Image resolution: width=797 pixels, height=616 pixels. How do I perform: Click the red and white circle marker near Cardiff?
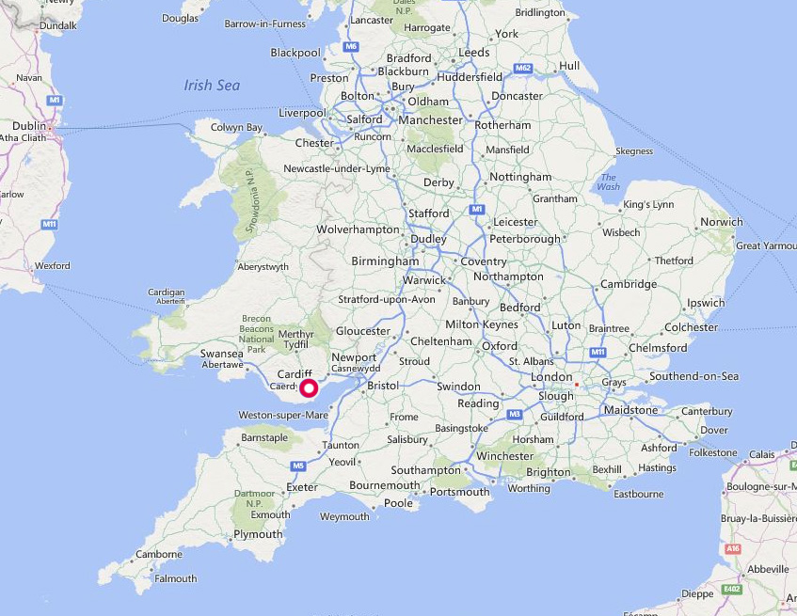click(308, 388)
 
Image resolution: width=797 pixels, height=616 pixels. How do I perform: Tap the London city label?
click(551, 377)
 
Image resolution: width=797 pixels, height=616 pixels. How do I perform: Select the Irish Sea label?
click(212, 86)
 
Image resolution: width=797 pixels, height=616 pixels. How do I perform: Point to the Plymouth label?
click(257, 534)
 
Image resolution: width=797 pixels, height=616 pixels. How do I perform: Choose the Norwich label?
click(721, 222)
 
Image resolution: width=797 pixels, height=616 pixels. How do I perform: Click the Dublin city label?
click(29, 125)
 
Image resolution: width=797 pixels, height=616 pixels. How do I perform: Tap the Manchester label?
click(430, 119)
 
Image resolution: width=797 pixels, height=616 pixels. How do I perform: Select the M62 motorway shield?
click(523, 68)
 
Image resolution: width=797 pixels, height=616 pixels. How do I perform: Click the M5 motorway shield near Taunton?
click(298, 465)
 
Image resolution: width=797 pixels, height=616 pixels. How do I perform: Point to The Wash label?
click(609, 182)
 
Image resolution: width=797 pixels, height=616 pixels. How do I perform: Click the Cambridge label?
click(629, 284)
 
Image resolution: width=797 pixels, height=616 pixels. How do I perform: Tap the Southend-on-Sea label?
click(693, 376)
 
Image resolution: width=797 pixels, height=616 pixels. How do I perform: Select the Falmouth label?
click(176, 578)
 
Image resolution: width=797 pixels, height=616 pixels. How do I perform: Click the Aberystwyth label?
click(263, 267)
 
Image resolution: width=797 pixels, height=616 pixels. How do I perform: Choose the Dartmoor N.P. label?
click(248, 498)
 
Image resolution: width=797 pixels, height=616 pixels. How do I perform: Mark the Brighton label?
click(548, 472)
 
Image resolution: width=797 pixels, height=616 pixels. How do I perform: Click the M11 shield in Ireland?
click(49, 224)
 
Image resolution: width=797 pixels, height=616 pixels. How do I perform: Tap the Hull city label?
click(568, 66)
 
